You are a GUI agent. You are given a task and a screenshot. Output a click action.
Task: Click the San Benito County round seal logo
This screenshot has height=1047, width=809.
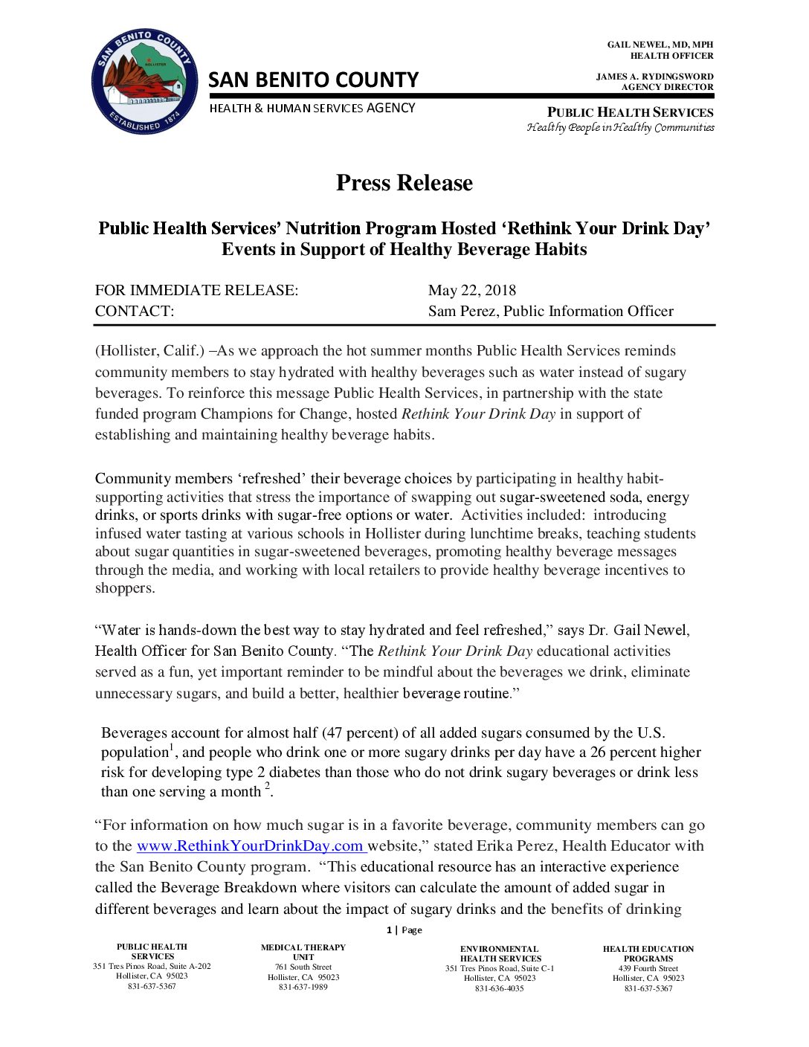pyautogui.click(x=144, y=83)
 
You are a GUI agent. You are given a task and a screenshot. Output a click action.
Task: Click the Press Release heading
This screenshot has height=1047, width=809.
pyautogui.click(x=404, y=183)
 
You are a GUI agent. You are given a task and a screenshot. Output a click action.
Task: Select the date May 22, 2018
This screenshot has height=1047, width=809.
pyautogui.click(x=471, y=291)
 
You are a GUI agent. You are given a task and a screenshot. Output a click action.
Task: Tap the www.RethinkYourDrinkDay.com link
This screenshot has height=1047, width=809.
pyautogui.click(x=251, y=846)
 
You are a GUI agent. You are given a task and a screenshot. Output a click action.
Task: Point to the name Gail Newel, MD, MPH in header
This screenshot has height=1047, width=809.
pyautogui.click(x=660, y=45)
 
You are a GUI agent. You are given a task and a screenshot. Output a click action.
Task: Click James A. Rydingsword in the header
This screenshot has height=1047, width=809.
pyautogui.click(x=654, y=77)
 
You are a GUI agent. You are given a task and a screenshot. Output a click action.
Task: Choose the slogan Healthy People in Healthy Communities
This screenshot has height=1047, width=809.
pyautogui.click(x=620, y=127)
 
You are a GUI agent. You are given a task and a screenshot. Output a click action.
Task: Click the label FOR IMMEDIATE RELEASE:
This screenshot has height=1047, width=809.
pyautogui.click(x=196, y=291)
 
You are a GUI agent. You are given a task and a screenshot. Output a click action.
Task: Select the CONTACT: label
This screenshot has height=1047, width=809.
pyautogui.click(x=135, y=312)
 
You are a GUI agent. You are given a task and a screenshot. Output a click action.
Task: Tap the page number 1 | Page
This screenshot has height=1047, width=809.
pyautogui.click(x=404, y=930)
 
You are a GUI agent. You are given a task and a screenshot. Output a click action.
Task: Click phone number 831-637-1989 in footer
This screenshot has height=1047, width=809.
pyautogui.click(x=303, y=988)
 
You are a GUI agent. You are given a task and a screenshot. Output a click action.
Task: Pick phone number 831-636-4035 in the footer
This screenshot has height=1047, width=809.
pyautogui.click(x=499, y=989)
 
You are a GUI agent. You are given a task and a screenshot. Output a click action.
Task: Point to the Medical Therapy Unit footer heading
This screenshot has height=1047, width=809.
pyautogui.click(x=303, y=953)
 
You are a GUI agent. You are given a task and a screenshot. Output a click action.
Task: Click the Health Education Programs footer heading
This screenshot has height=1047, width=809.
pyautogui.click(x=648, y=954)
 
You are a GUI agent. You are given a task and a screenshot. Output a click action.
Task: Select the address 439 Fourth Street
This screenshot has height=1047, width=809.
pyautogui.click(x=648, y=969)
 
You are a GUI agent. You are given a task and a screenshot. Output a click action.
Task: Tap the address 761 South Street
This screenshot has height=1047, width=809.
pyautogui.click(x=303, y=967)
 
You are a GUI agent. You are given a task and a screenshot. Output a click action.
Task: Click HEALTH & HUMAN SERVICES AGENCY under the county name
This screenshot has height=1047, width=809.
pyautogui.click(x=312, y=109)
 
